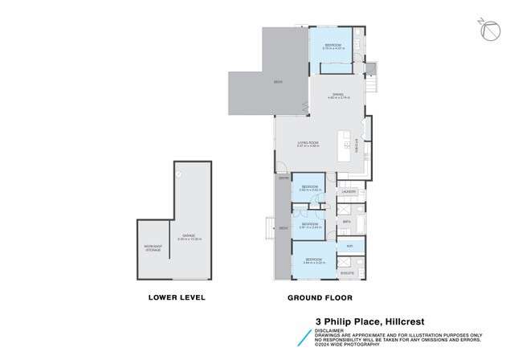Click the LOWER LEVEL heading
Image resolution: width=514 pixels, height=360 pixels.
(x=177, y=297)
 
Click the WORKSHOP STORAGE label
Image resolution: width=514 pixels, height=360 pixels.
(x=153, y=247)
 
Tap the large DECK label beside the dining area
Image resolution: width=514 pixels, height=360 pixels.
(x=278, y=81)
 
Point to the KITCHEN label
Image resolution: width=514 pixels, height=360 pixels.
(x=357, y=145)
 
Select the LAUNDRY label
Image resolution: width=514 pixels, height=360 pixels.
(x=349, y=192)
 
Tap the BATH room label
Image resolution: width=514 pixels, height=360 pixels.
(x=346, y=221)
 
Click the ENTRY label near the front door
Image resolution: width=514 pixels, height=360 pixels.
(x=283, y=178)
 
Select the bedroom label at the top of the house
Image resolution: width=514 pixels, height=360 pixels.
(x=332, y=44)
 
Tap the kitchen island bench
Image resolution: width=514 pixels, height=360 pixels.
(x=347, y=145)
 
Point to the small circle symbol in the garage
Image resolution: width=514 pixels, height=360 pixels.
(x=178, y=172)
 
